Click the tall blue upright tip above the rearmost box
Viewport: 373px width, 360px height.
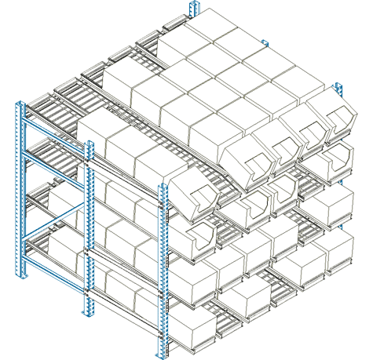click(x=192, y=8)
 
